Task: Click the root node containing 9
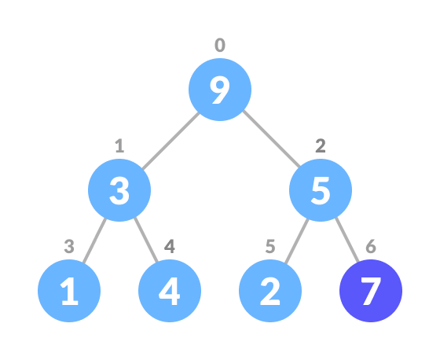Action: tap(220, 90)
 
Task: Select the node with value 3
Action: tap(119, 190)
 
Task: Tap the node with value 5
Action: tap(321, 190)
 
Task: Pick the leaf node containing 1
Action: tap(69, 291)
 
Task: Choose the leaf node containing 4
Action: tap(170, 291)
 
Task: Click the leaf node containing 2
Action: tap(270, 291)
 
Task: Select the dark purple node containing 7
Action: tap(371, 291)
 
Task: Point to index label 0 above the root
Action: tap(220, 46)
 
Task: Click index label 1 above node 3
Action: tap(119, 146)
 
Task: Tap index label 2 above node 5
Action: tap(321, 146)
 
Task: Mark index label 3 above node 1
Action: tap(69, 247)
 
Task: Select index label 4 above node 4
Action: tap(170, 247)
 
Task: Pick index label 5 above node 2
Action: tap(270, 247)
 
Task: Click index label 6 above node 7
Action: tap(371, 247)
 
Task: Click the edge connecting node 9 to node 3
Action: tap(170, 140)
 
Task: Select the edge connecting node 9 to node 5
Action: tap(271, 140)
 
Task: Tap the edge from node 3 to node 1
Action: tap(94, 241)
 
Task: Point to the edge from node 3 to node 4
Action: tap(145, 241)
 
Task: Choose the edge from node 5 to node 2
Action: tap(295, 241)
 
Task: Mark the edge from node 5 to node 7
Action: tap(346, 241)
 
